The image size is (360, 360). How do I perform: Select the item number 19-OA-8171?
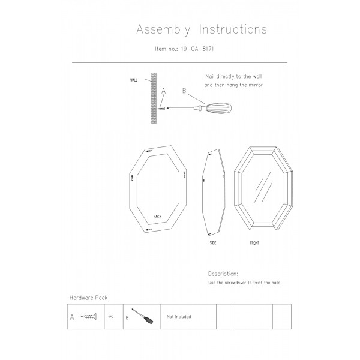[197, 50]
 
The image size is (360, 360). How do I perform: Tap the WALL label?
[134, 80]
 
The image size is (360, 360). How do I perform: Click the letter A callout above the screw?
[163, 91]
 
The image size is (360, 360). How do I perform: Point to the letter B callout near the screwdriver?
[184, 91]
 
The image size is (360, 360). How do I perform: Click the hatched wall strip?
[153, 98]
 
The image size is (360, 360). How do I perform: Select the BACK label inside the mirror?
[157, 217]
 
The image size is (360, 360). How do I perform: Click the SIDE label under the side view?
[213, 243]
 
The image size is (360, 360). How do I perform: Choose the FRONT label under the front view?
[254, 243]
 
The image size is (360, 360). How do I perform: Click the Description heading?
[223, 273]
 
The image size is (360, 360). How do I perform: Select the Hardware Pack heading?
[89, 298]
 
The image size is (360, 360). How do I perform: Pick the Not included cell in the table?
[179, 316]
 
